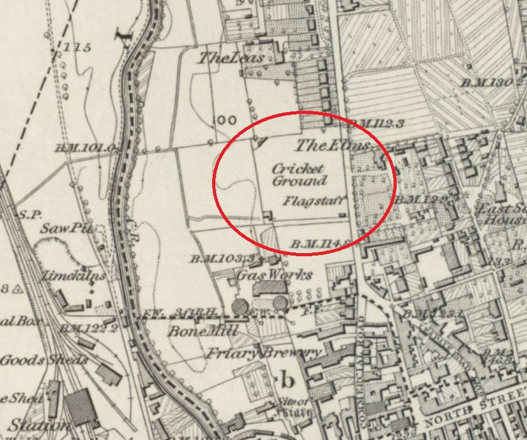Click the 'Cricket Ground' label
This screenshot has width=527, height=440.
pos(299,175)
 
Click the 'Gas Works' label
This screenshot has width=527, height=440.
pos(274,275)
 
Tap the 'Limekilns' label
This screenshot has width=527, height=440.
pos(67,276)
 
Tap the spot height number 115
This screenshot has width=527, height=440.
pos(77,47)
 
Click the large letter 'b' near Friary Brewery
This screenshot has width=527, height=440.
pos(288,380)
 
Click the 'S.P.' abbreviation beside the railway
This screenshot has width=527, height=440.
pos(29,215)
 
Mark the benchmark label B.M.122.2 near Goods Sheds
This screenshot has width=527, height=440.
pos(89,329)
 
